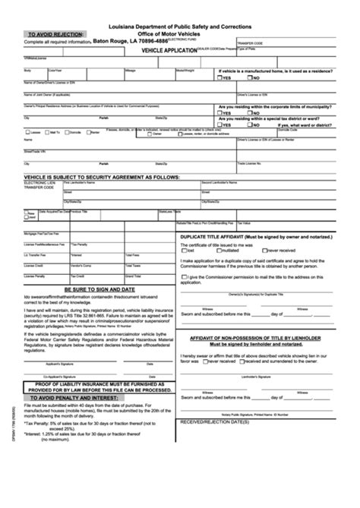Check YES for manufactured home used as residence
click(219, 78)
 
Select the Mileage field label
click(131, 70)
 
